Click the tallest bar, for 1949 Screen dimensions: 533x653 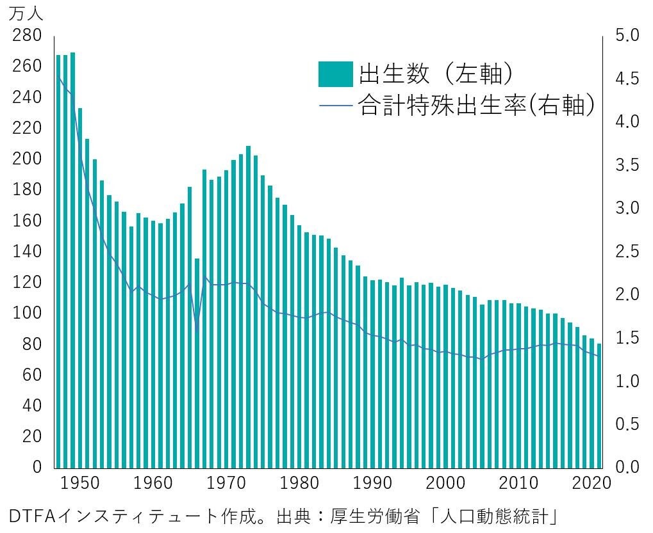[x=72, y=256]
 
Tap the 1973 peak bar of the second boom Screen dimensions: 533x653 [x=248, y=307]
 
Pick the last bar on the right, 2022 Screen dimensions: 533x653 [x=599, y=406]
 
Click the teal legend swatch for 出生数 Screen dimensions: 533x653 [x=335, y=74]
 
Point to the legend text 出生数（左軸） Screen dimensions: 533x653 [x=436, y=74]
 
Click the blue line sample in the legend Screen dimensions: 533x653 [x=335, y=105]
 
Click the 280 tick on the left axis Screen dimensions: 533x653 [x=27, y=35]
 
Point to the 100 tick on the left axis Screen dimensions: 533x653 [x=27, y=313]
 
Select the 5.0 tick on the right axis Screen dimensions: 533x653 [x=626, y=35]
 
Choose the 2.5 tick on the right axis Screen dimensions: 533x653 [x=626, y=251]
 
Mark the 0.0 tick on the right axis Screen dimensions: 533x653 [x=626, y=467]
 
